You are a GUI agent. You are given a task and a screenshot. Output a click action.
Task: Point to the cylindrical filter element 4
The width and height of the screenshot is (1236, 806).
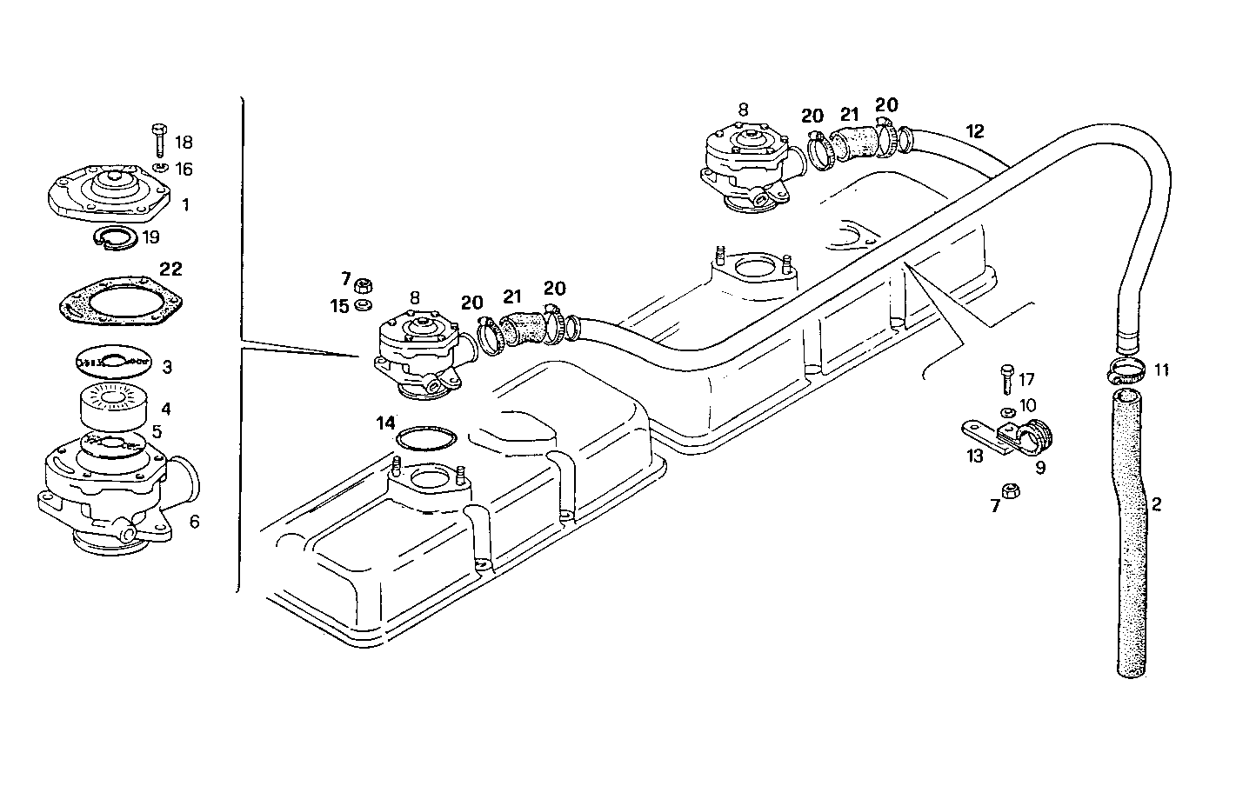pyautogui.click(x=115, y=406)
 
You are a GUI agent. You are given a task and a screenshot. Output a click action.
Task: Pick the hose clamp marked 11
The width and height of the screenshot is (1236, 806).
pyautogui.click(x=1128, y=370)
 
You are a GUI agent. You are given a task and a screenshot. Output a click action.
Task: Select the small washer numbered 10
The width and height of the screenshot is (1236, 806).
pyautogui.click(x=1007, y=410)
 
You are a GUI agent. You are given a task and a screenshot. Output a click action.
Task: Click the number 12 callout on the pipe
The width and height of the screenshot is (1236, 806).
pyautogui.click(x=975, y=131)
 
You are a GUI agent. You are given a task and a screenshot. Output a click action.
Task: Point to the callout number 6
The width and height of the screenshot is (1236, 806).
pyautogui.click(x=194, y=521)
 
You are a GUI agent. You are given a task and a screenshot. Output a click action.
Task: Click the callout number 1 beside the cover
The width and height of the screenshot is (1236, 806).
pyautogui.click(x=185, y=205)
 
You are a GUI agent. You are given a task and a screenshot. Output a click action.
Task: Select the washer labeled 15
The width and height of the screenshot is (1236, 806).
pyautogui.click(x=364, y=305)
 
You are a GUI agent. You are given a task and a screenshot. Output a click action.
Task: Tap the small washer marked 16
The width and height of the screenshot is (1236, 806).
pyautogui.click(x=160, y=167)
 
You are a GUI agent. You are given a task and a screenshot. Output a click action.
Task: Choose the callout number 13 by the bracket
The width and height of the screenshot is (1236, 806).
pyautogui.click(x=974, y=456)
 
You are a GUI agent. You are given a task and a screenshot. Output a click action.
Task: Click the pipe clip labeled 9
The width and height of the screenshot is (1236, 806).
pyautogui.click(x=1035, y=436)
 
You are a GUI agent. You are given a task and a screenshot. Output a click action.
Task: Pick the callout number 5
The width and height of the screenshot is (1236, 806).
pyautogui.click(x=157, y=431)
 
